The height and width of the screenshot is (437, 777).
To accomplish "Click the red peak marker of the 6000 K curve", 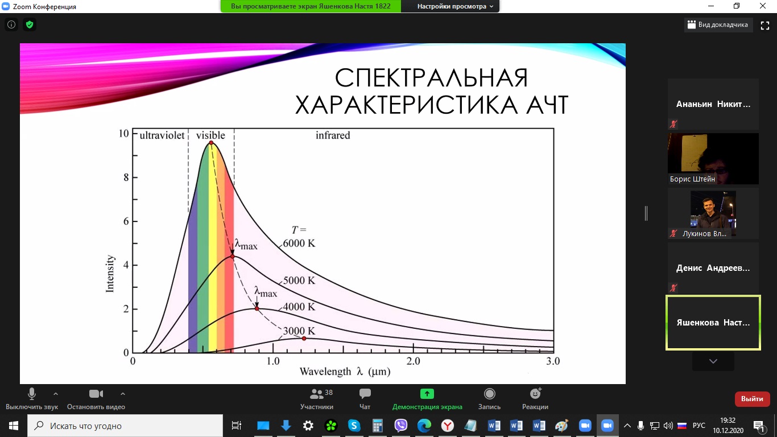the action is pos(211,143).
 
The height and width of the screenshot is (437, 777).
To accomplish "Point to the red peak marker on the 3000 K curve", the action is pos(304,339).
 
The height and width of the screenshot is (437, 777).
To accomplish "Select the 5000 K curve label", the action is pos(299,280).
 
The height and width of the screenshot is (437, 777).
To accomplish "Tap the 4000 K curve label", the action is pos(299,307).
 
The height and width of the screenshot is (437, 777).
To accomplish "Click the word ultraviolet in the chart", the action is pos(162,135).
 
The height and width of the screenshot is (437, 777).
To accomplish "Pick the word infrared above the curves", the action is pos(333,135).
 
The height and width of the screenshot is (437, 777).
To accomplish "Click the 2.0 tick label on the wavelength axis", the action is pos(413,361).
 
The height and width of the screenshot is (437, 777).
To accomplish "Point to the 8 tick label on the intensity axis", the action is pos(126,178).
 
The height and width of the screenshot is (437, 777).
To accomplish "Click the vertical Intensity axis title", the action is pos(110,274).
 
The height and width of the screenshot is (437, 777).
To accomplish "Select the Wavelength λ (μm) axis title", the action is pos(345,372).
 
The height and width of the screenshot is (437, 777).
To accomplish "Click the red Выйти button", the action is pos(752,399).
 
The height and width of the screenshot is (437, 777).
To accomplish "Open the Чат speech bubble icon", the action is pos(365,394).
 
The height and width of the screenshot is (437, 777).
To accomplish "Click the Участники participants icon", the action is pos(316,394).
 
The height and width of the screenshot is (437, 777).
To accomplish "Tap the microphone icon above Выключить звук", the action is pos(32,394).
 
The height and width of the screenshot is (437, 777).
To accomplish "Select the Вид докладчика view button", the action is pos(718,24).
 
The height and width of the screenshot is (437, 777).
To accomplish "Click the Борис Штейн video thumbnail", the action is pos(713,159).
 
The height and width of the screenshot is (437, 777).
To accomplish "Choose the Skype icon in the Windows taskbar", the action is pos(354,426).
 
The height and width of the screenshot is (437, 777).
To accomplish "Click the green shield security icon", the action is pos(30,24).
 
